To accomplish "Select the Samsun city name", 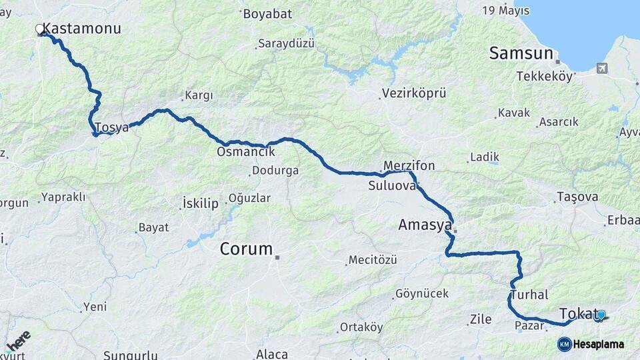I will coord(521,53).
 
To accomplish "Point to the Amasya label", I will coord(425,225).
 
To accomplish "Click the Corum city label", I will coord(247,249).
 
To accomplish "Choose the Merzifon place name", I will coord(409,166).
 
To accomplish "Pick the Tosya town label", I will coord(111,127).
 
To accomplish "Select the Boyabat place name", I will coord(265,13).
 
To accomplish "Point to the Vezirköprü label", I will coord(414,93).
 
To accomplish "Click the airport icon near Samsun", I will coord(603,68).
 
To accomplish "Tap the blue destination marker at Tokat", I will coord(601,315).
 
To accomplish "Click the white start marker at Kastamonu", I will coord(39,29).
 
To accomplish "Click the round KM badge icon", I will coord(564,344).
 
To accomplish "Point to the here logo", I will coord(19,339).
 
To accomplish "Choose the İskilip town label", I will coord(200,204).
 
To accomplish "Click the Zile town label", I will coord(480,320).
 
